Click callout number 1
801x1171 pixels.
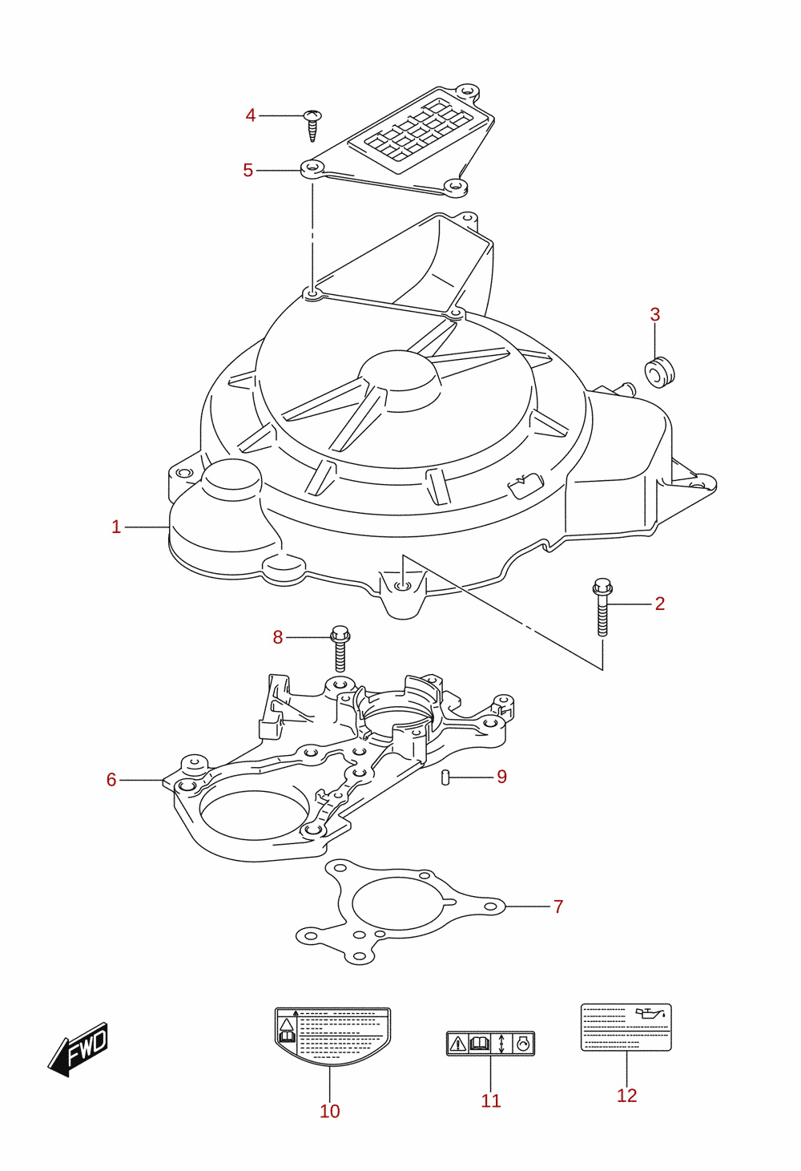pyautogui.click(x=116, y=527)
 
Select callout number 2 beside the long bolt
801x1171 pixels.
pyautogui.click(x=660, y=604)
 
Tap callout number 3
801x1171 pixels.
pyautogui.click(x=654, y=314)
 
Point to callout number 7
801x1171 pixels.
pyautogui.click(x=558, y=907)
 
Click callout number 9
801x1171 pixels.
pyautogui.click(x=501, y=777)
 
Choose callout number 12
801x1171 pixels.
pyautogui.click(x=626, y=1095)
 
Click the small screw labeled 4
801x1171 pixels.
pyautogui.click(x=312, y=126)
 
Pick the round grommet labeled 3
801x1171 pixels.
pyautogui.click(x=660, y=372)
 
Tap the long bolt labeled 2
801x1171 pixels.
pyautogui.click(x=602, y=607)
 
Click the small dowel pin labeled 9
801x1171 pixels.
pyautogui.click(x=445, y=777)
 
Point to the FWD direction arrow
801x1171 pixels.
pyautogui.click(x=78, y=1049)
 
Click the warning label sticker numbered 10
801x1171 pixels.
pyautogui.click(x=332, y=1036)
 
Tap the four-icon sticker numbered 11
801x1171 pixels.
pyautogui.click(x=491, y=1044)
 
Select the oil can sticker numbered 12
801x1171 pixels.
pyautogui.click(x=626, y=1028)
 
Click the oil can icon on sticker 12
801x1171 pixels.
pyautogui.click(x=651, y=1013)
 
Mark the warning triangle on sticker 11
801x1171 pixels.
pyautogui.click(x=457, y=1044)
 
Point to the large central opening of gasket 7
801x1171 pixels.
pyautogui.click(x=399, y=902)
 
